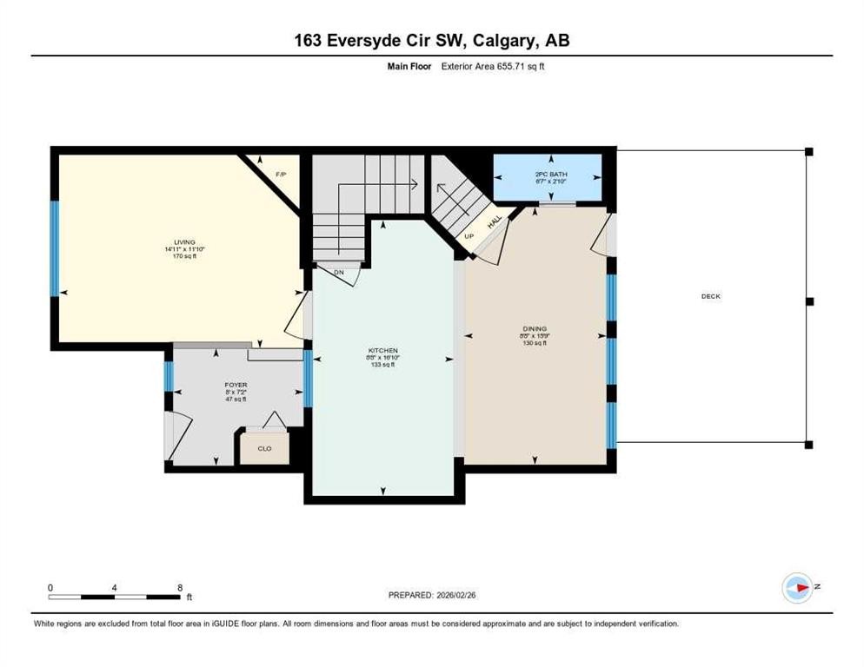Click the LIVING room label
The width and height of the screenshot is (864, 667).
(x=184, y=242)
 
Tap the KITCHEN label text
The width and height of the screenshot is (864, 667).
(x=382, y=351)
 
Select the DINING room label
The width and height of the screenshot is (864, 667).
(x=535, y=328)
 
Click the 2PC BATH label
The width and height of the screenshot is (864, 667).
(x=550, y=175)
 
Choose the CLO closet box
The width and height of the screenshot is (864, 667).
(x=264, y=448)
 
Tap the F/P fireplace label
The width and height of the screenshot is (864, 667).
(x=281, y=175)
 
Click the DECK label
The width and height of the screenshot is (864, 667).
(x=711, y=296)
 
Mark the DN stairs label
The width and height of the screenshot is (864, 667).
(x=338, y=272)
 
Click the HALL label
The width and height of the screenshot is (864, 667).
(x=494, y=223)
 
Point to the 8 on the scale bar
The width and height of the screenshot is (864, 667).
(x=180, y=587)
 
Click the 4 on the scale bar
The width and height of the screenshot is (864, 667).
(x=115, y=587)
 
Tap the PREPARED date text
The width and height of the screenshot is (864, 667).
(x=432, y=595)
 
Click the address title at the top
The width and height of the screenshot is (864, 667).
(x=432, y=40)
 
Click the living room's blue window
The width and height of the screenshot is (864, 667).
(x=54, y=249)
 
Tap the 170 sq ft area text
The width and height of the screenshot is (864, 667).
(x=184, y=256)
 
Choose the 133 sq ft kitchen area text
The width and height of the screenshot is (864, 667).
(x=382, y=365)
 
